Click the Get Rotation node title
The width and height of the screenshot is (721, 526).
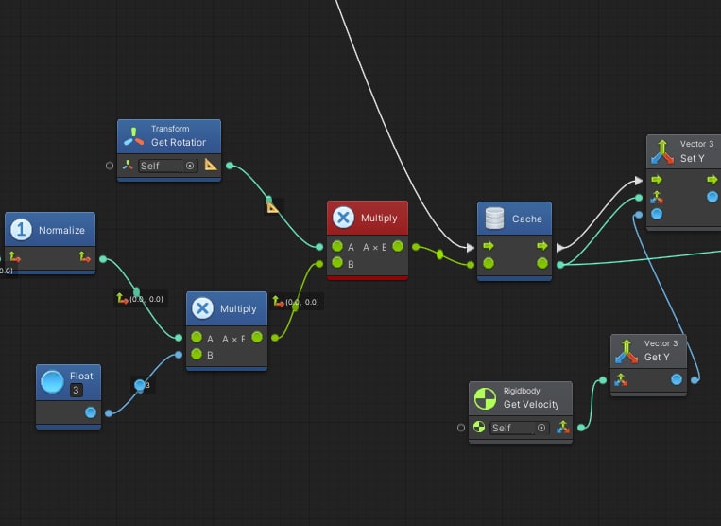tap(178, 142)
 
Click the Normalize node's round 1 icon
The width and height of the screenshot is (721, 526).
tap(21, 230)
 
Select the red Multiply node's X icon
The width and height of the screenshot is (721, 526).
tap(343, 219)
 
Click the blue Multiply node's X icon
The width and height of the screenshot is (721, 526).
tap(202, 308)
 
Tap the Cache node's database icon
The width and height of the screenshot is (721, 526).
tap(493, 219)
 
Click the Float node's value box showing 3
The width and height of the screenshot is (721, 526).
tap(76, 390)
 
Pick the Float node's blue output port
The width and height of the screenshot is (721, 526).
tap(91, 412)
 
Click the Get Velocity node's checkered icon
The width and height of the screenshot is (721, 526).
tap(485, 398)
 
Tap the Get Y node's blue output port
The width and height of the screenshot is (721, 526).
tap(677, 379)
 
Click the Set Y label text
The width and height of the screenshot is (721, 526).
tap(693, 158)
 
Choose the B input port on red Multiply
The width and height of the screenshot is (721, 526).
tap(337, 264)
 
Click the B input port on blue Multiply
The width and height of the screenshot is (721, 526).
tap(197, 355)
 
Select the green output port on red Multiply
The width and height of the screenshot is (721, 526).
tap(398, 247)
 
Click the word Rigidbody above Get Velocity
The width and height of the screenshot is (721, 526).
tap(523, 391)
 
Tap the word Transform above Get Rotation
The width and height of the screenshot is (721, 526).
tap(170, 129)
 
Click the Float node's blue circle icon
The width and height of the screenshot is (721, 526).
tap(52, 382)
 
